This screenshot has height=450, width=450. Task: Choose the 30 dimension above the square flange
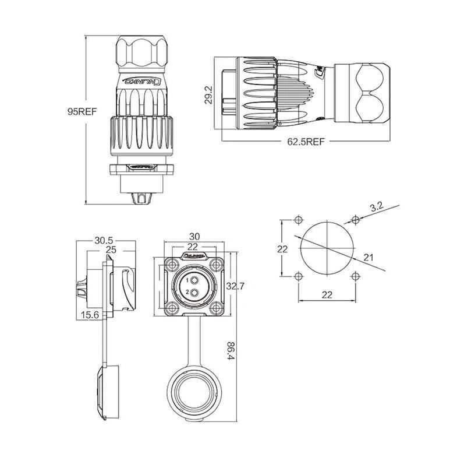point(194,237)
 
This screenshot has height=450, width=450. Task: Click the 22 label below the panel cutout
point(327,294)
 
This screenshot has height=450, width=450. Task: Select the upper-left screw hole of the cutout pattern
point(298,220)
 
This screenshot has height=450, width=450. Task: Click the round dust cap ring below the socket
point(195,396)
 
